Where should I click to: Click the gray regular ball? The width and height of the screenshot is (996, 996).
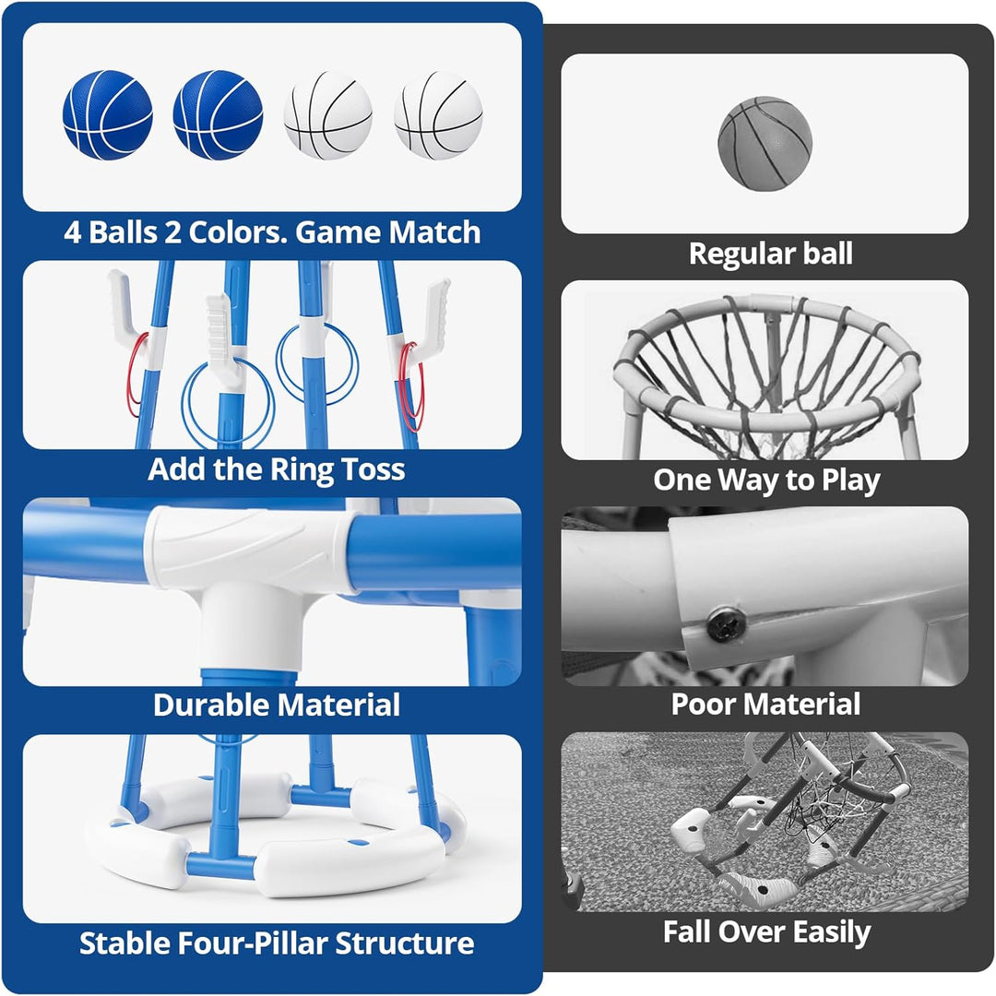tap(765, 144)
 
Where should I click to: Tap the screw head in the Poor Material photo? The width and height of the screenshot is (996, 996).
tap(725, 624)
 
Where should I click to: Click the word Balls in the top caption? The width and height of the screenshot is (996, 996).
tap(123, 231)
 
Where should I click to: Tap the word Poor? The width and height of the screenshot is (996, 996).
tap(703, 704)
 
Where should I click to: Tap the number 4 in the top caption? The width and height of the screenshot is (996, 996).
tap(73, 232)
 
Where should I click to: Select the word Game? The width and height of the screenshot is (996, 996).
tap(338, 231)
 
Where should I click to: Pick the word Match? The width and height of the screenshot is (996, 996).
tap(434, 231)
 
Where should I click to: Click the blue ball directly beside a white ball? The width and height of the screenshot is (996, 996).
tap(218, 115)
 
